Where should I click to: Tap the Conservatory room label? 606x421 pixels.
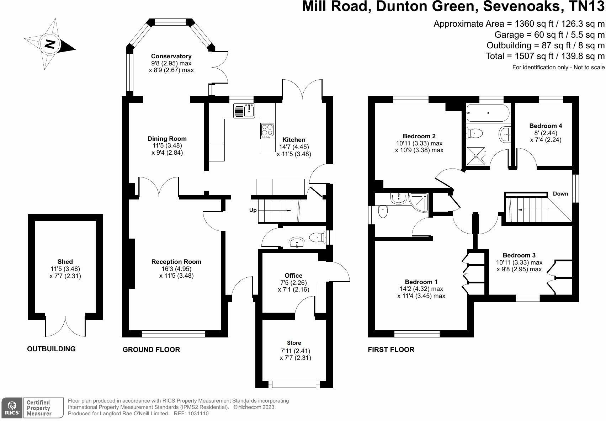171,56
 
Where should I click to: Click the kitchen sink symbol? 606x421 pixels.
244,111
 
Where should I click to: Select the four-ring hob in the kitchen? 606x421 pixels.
267,130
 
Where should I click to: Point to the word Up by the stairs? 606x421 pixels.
253,210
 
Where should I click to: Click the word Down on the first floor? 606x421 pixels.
560,194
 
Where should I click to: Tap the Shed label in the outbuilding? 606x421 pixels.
65,261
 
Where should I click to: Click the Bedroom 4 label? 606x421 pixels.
545,126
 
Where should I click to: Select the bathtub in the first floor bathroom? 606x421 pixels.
488,113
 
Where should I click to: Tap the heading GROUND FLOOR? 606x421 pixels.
151,350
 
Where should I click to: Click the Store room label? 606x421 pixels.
294,343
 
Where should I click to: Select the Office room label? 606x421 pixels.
293,275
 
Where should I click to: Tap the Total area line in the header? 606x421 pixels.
545,56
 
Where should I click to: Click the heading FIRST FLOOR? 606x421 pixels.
391,350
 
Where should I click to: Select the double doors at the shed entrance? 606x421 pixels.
65,325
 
